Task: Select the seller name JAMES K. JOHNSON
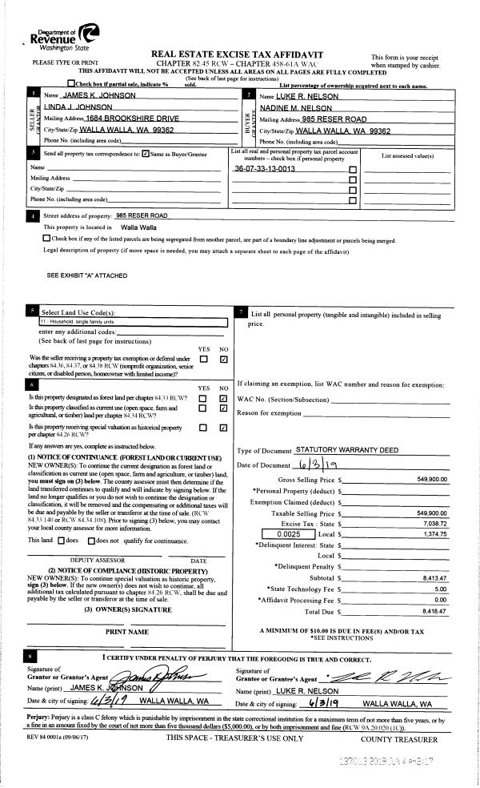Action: tap(100, 95)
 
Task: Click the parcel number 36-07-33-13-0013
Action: tap(265, 169)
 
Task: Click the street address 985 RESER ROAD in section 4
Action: tap(142, 215)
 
